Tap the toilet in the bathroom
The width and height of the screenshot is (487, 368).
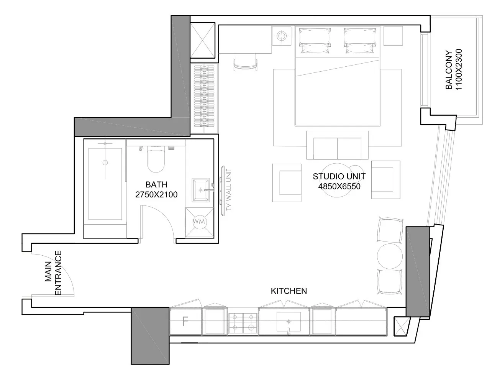[156, 159]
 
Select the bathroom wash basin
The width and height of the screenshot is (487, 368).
[201, 190]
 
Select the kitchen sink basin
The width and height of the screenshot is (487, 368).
[289, 321]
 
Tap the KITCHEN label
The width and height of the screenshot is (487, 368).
[289, 291]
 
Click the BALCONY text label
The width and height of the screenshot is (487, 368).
[449, 70]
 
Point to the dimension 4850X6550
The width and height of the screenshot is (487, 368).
[339, 186]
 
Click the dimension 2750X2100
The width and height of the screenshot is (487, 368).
[156, 195]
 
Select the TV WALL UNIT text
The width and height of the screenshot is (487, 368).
[228, 189]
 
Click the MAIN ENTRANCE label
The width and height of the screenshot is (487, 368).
[53, 273]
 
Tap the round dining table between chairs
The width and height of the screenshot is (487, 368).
[390, 256]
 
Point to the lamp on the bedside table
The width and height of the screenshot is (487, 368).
[282, 36]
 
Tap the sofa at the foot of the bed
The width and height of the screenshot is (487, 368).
[337, 145]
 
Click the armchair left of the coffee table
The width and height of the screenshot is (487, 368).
[287, 183]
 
